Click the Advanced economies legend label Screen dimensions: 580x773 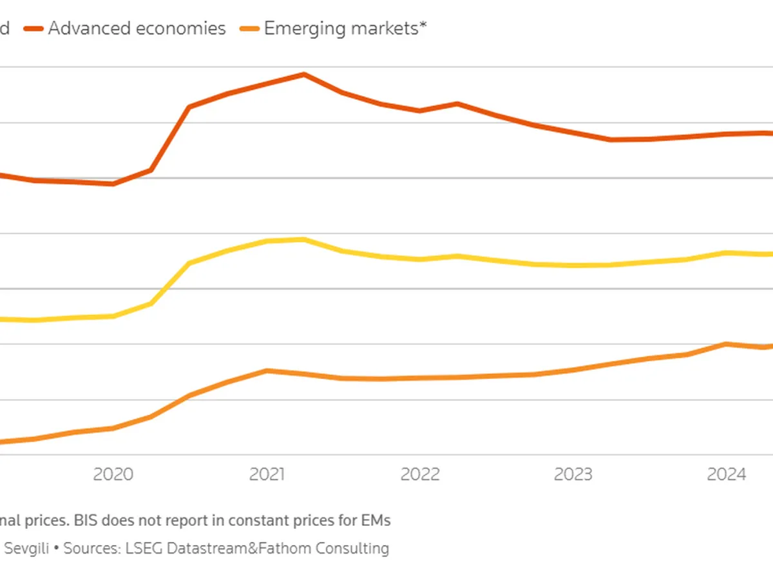137,28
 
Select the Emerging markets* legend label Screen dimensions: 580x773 341,28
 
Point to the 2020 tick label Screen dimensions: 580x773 113,475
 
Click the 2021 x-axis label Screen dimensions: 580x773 267,475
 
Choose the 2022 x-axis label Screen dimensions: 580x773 420,475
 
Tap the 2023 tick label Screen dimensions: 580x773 573,475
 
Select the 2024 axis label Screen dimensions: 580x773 727,475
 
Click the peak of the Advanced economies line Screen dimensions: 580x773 304,74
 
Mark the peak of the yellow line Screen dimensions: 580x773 304,240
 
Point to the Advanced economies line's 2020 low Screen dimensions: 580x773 113,184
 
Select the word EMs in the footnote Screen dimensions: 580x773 375,519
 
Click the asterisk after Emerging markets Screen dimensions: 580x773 423,26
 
